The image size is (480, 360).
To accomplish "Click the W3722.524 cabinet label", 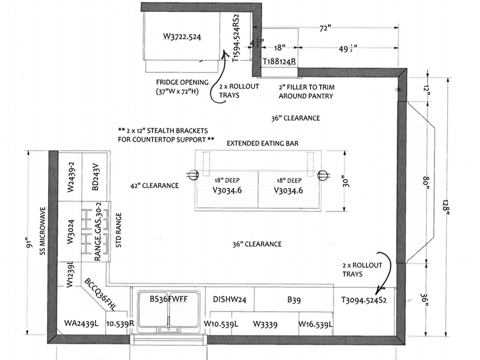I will tap(183, 36).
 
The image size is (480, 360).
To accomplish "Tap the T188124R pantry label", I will tap(279, 61).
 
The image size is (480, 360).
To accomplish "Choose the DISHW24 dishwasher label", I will tap(229, 300).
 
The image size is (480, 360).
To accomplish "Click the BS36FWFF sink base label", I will tap(168, 298).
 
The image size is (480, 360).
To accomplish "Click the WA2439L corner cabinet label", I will tap(82, 323).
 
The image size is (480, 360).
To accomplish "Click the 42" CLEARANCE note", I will tap(154, 186).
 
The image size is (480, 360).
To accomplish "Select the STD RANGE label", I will tap(118, 231).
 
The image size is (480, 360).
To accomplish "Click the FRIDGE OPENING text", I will tap(182, 82).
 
